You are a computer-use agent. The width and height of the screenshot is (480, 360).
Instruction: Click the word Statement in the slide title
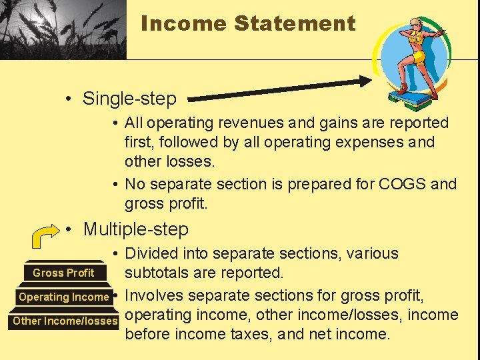(295, 24)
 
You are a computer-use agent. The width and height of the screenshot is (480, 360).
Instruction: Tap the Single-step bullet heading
(129, 99)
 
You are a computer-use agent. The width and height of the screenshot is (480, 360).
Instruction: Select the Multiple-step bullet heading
(135, 229)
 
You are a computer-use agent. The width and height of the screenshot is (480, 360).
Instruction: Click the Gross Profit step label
(63, 273)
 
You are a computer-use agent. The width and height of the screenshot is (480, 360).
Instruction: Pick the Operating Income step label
(63, 297)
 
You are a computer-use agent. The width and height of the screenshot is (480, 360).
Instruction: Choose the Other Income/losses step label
(65, 321)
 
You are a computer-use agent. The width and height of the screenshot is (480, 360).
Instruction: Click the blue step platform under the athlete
(413, 101)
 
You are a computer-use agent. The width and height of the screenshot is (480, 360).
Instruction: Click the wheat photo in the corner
(63, 29)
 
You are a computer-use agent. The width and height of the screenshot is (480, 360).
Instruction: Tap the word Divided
(151, 254)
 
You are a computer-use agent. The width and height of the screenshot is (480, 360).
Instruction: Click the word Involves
(154, 295)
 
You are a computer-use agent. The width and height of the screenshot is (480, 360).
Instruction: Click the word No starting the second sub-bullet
(135, 184)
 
